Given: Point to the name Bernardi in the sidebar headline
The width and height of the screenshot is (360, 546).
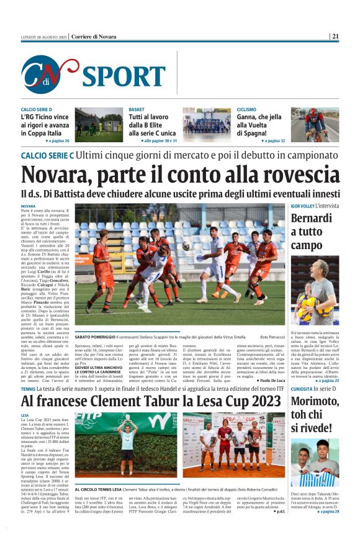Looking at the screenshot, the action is click(x=311, y=219).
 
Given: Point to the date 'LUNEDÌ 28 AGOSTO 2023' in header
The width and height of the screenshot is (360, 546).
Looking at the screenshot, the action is click(x=43, y=37).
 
